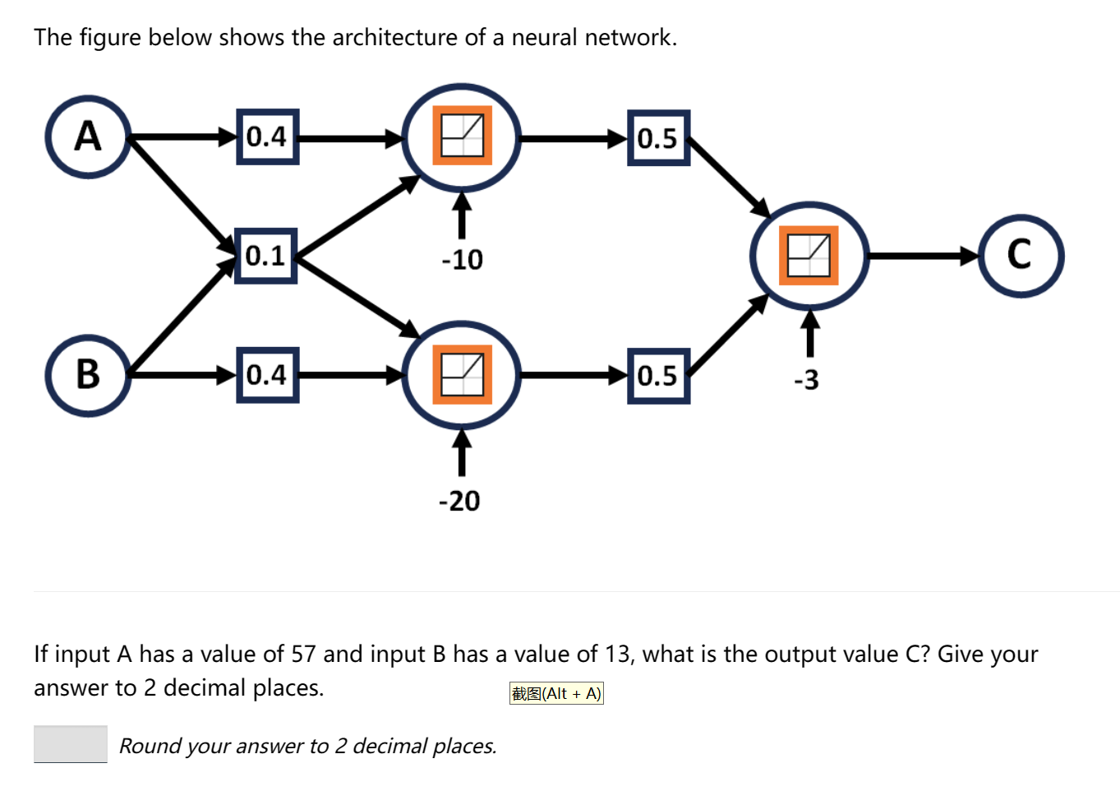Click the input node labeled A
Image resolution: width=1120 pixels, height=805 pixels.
(88, 136)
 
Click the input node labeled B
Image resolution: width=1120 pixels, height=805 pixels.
(88, 375)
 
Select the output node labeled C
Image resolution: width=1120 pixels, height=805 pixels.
(1021, 256)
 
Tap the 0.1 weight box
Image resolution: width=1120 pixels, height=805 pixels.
(265, 256)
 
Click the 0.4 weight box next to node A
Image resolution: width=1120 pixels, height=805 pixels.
(267, 136)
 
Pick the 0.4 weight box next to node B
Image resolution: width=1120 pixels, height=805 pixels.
(267, 375)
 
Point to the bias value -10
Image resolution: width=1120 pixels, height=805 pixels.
(462, 260)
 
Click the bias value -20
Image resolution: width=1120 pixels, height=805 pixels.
(459, 501)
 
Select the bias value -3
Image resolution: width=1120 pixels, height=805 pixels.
(806, 380)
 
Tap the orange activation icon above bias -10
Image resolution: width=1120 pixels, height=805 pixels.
(462, 136)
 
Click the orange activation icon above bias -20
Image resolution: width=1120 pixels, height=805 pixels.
(462, 375)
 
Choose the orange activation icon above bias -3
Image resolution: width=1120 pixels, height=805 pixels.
(809, 256)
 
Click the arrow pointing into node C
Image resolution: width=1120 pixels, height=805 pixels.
(924, 256)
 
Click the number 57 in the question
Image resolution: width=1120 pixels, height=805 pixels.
(303, 655)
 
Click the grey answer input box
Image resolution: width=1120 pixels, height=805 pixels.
(71, 744)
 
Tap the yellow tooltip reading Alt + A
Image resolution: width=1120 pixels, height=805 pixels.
(556, 693)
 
